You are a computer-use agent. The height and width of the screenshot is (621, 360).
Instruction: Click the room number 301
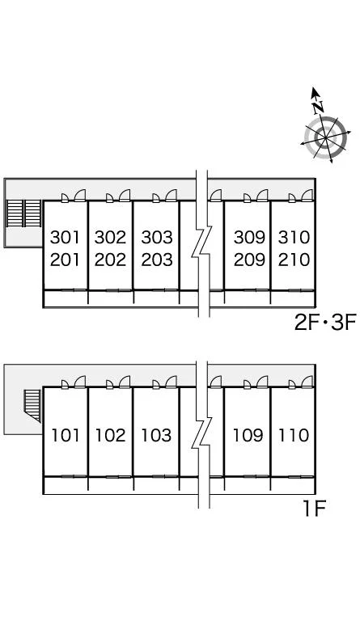pyautogui.click(x=65, y=237)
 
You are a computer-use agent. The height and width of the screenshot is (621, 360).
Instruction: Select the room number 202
pyautogui.click(x=110, y=260)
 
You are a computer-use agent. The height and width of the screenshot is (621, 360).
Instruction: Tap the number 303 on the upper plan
pyautogui.click(x=157, y=237)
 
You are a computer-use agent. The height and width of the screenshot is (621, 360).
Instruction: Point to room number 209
pyautogui.click(x=249, y=260)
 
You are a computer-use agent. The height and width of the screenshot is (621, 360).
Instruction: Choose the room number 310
pyautogui.click(x=294, y=237)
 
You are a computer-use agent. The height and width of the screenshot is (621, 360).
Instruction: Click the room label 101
pyautogui.click(x=66, y=435)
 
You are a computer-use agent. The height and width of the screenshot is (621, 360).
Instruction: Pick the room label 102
pyautogui.click(x=110, y=435)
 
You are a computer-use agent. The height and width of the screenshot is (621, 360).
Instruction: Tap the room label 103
pyautogui.click(x=156, y=435)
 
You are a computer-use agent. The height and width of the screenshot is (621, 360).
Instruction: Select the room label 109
pyautogui.click(x=248, y=435)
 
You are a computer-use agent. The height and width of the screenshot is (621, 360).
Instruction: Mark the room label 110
pyautogui.click(x=294, y=435)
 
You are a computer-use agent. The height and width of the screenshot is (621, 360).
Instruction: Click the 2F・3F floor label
pyautogui.click(x=325, y=323)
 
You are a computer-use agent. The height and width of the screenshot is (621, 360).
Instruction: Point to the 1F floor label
pyautogui.click(x=314, y=509)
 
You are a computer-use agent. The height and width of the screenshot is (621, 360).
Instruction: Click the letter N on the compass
pyautogui.click(x=318, y=107)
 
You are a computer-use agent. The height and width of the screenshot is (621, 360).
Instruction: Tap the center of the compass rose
pyautogui.click(x=325, y=137)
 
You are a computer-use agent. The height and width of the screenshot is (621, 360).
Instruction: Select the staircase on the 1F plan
pyautogui.click(x=32, y=405)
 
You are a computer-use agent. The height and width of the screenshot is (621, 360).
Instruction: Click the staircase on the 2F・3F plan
pyautogui.click(x=24, y=213)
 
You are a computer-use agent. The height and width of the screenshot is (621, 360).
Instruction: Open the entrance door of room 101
pyautogui.click(x=80, y=382)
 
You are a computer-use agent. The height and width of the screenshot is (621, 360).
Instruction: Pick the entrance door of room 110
pyautogui.click(x=307, y=382)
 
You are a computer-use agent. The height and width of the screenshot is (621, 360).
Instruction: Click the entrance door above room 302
pyautogui.click(x=125, y=196)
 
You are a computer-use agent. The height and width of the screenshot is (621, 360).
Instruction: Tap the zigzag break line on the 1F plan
pyautogui.click(x=202, y=434)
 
